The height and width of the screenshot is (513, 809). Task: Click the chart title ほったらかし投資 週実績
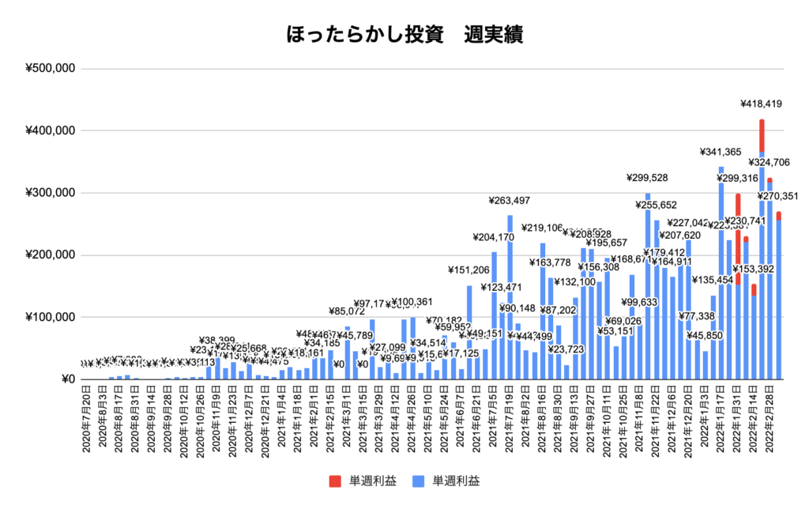click(x=404, y=35)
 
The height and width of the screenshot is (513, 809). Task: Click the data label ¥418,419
click(x=761, y=104)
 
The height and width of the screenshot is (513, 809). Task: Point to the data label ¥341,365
click(x=721, y=152)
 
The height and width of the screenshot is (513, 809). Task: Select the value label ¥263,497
click(x=510, y=200)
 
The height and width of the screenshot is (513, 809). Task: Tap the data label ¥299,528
click(x=648, y=178)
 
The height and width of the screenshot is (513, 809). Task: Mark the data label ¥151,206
click(x=469, y=270)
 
